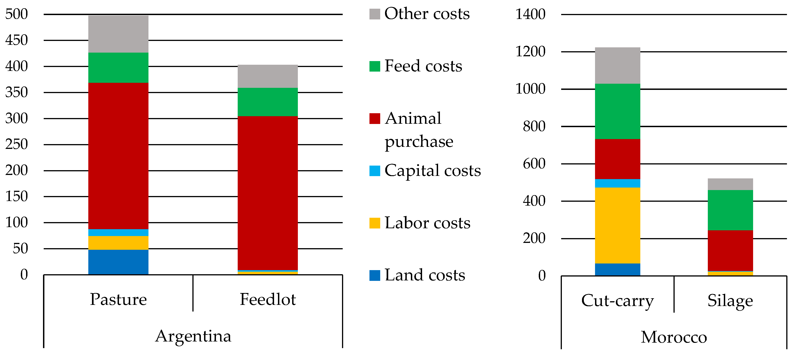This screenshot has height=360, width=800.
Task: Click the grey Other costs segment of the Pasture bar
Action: (118, 34)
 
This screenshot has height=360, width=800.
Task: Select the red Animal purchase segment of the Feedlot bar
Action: (267, 193)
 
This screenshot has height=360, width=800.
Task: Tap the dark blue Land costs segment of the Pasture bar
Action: (118, 262)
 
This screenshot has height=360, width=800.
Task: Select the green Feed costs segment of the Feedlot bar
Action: (267, 102)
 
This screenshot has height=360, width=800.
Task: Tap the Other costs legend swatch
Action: (374, 14)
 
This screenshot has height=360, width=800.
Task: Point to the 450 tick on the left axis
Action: (16, 40)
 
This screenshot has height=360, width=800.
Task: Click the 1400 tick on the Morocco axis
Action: (530, 14)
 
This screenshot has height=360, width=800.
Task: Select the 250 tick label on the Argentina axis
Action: (16, 144)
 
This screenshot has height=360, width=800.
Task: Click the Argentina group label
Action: (193, 336)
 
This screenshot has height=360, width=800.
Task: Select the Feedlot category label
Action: (267, 299)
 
